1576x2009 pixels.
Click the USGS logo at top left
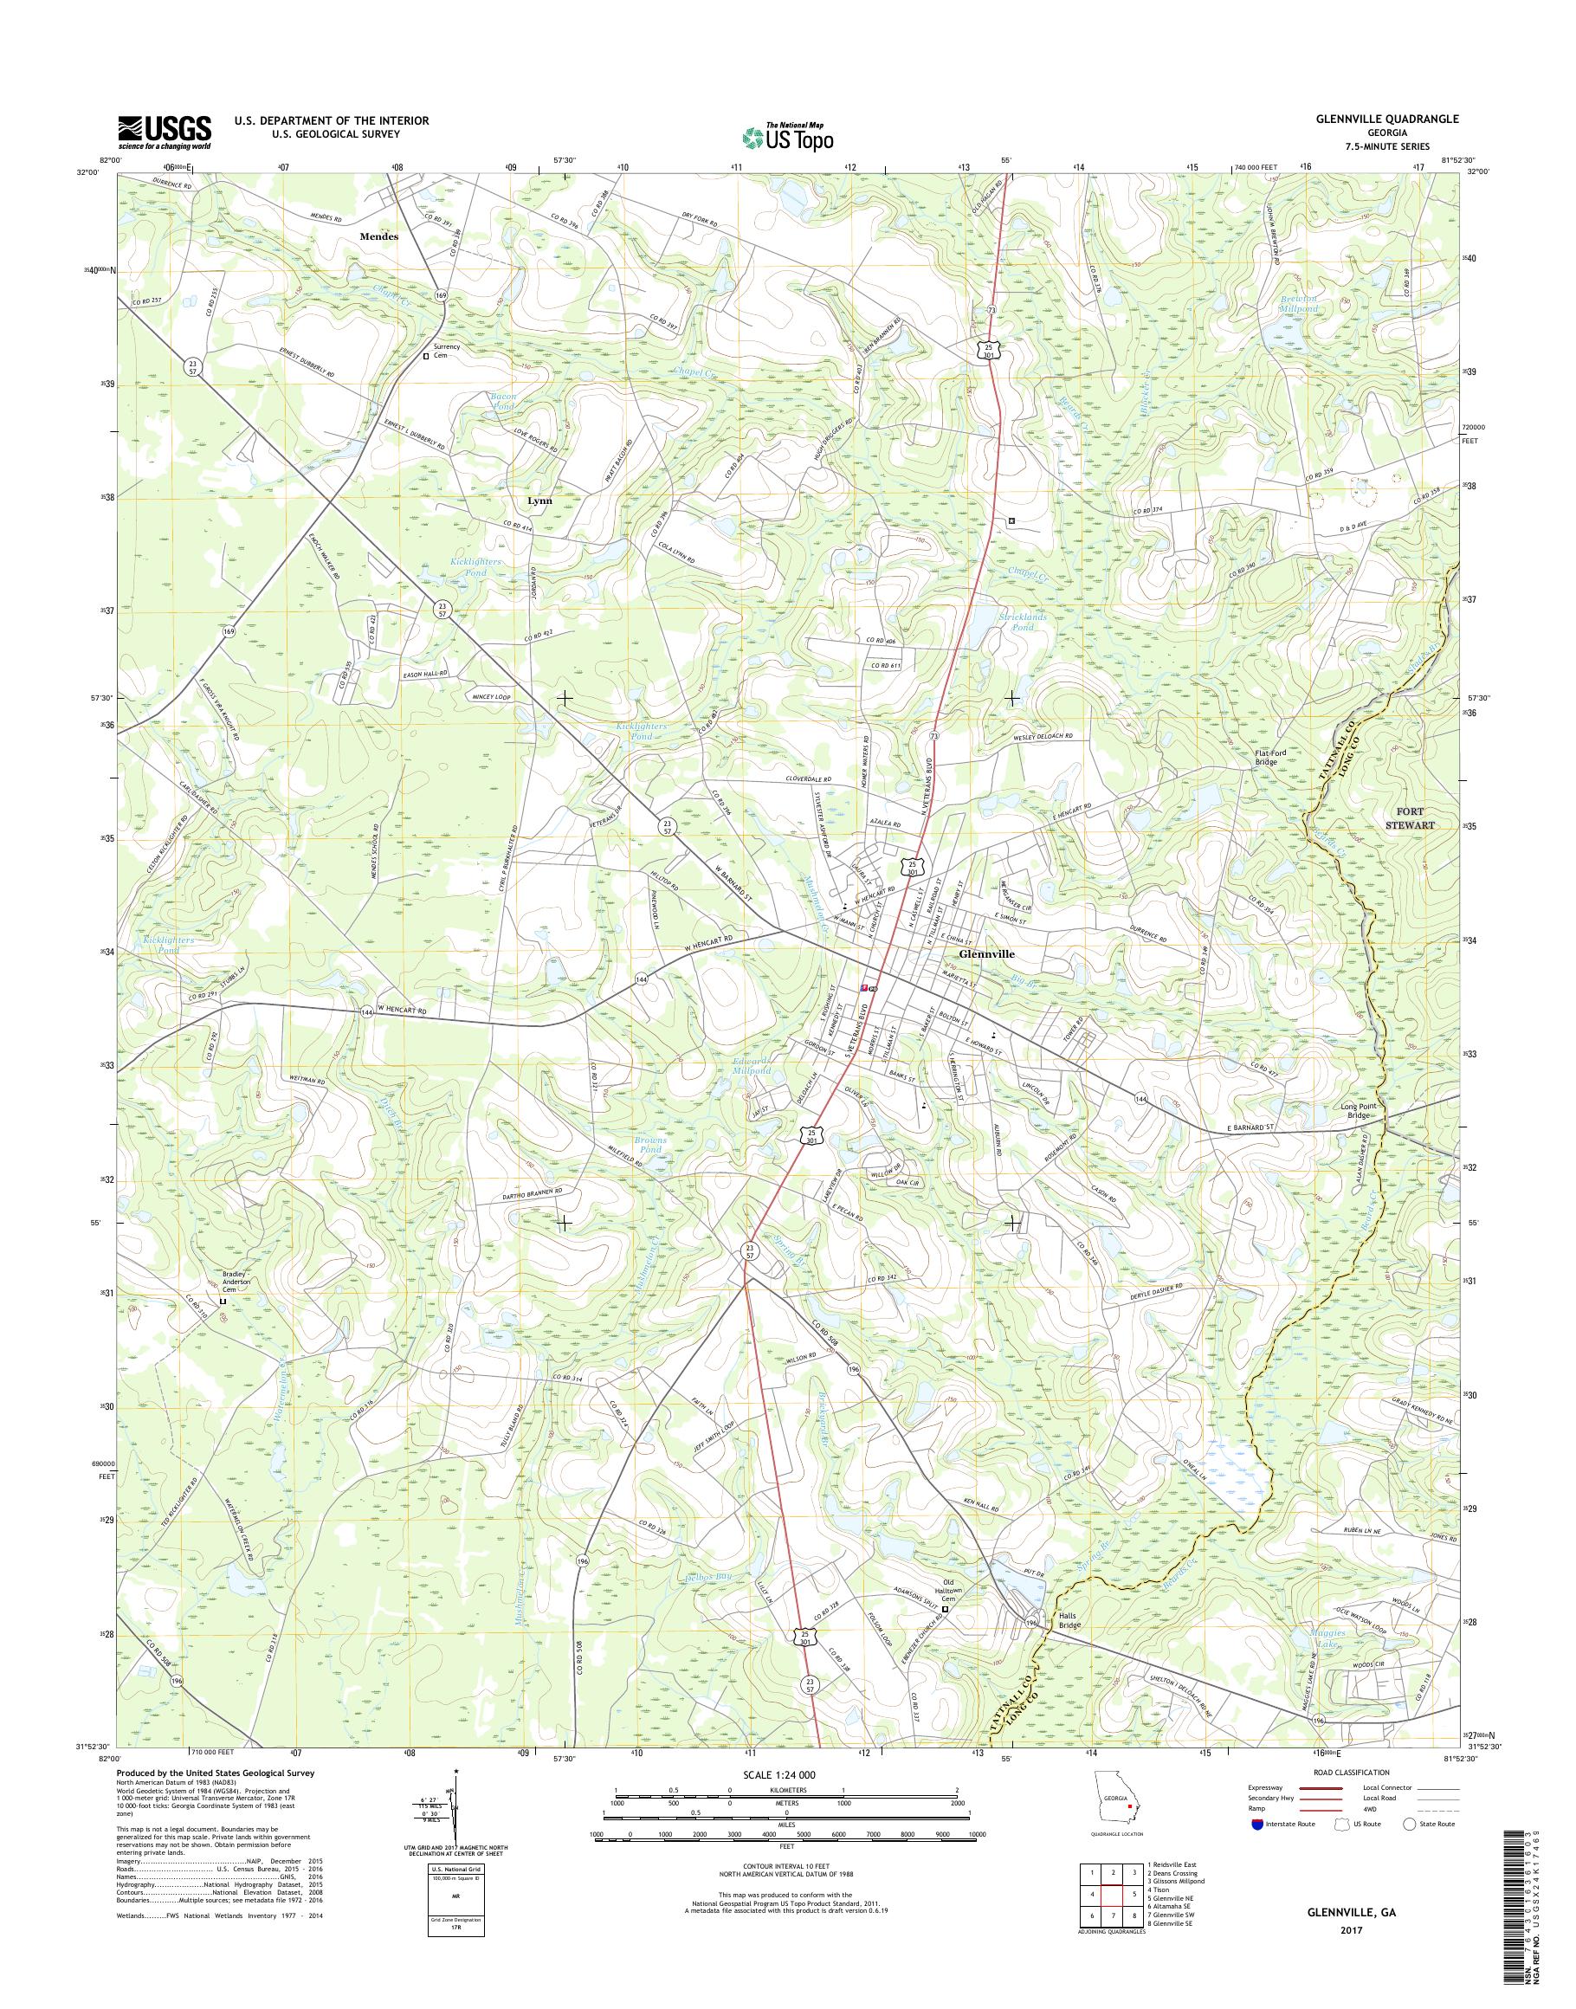click(x=164, y=132)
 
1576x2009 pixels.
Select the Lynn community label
click(x=539, y=501)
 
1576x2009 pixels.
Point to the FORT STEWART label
click(x=1408, y=818)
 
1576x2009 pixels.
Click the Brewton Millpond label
click(x=1298, y=304)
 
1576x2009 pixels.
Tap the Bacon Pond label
click(x=503, y=402)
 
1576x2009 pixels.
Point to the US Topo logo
click(x=787, y=137)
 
